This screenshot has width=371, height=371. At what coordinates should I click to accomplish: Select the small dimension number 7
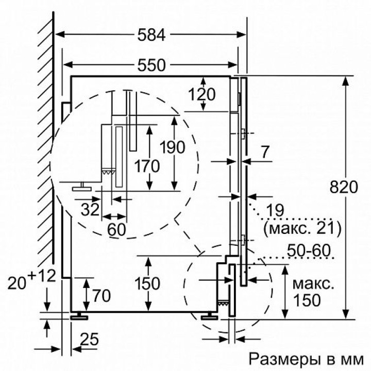coord(265,153)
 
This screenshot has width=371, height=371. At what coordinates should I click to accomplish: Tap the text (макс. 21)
coord(302,227)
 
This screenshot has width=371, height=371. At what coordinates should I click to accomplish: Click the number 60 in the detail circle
coord(116,230)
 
